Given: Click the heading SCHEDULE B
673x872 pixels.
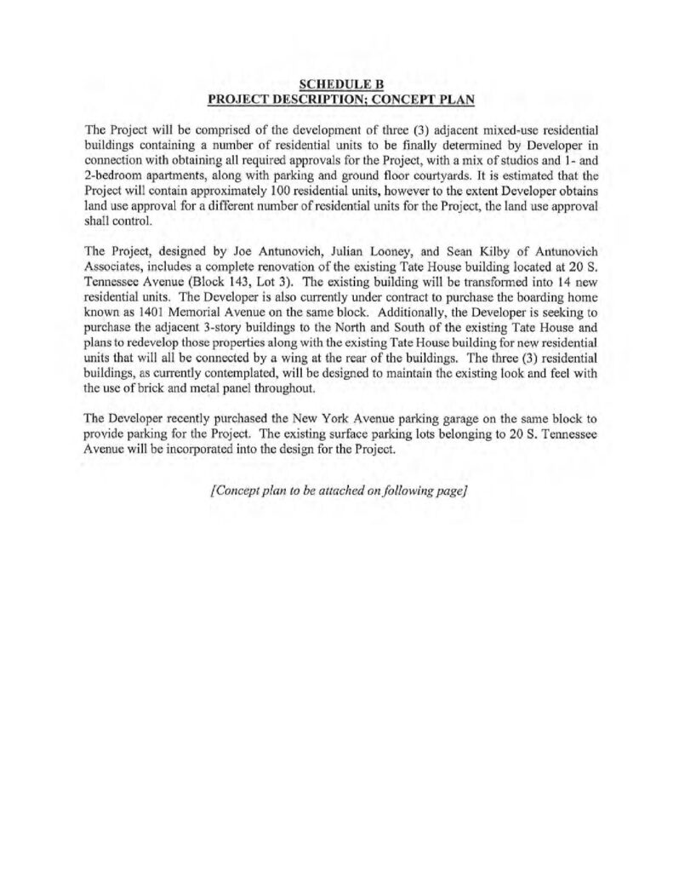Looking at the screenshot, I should click(342, 83).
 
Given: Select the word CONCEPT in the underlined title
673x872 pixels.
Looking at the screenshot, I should click(408, 98).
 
